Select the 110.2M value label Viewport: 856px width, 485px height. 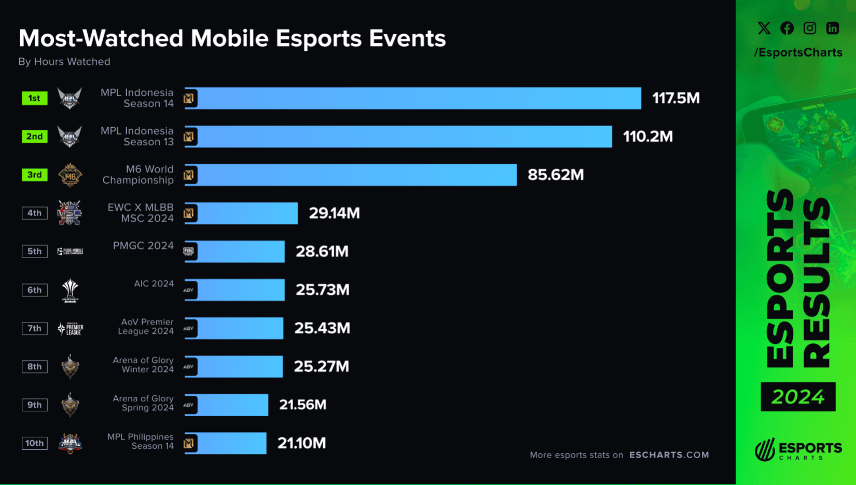(647, 137)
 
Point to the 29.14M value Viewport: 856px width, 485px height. (334, 213)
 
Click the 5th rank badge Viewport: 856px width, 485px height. (34, 251)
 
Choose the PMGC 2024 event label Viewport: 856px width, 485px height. (143, 246)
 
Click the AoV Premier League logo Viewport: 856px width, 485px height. (70, 328)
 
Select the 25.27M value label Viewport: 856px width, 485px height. (321, 367)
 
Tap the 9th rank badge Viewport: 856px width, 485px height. (34, 405)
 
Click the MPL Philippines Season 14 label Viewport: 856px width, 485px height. (140, 441)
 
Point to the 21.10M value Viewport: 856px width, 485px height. (301, 443)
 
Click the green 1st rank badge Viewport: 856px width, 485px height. (34, 98)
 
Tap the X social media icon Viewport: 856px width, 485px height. (764, 28)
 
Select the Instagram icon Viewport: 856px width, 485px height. (809, 28)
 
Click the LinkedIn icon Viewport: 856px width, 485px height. (832, 28)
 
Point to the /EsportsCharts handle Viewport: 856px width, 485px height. (798, 52)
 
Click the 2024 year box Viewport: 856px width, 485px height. (798, 397)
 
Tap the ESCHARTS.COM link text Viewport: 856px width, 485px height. (669, 455)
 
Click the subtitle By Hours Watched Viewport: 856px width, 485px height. (64, 62)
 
